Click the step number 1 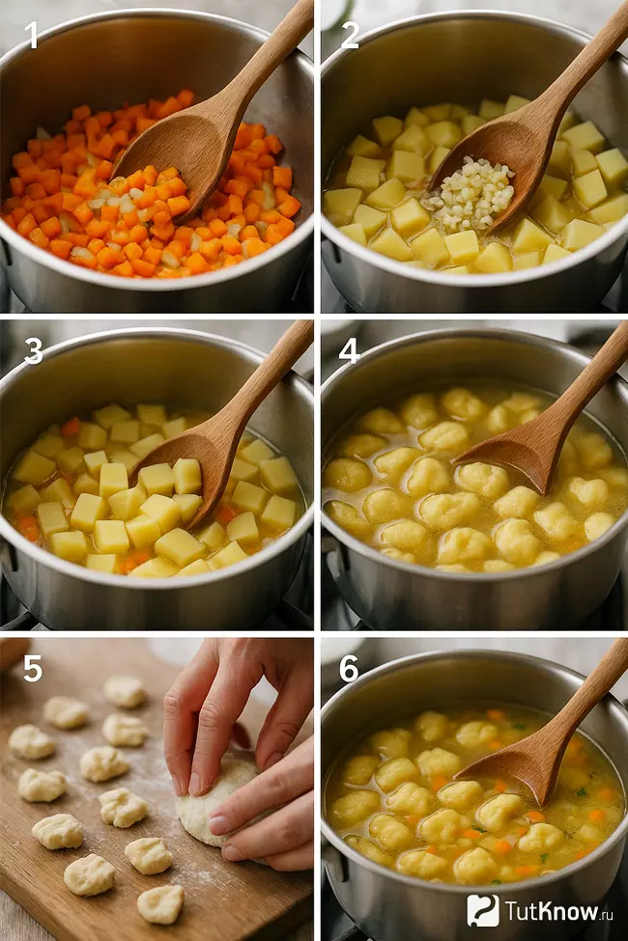pyautogui.click(x=32, y=36)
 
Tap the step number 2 pyautogui.click(x=350, y=36)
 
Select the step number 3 pyautogui.click(x=33, y=351)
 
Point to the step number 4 pyautogui.click(x=350, y=351)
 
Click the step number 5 pyautogui.click(x=33, y=669)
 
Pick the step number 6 pyautogui.click(x=349, y=669)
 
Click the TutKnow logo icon pyautogui.click(x=482, y=910)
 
